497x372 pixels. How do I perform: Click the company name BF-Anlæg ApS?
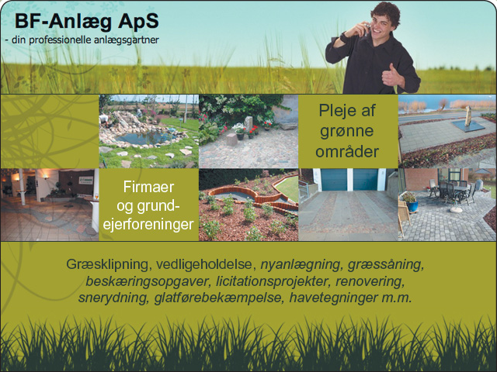[86, 22]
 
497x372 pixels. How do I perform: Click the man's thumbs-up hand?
[391, 75]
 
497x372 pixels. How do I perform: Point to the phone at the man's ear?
[367, 28]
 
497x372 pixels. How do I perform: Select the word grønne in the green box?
[347, 131]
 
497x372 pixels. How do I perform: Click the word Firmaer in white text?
[148, 187]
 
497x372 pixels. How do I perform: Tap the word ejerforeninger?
[148, 225]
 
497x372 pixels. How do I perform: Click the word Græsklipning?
[107, 264]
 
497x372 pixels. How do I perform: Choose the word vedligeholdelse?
[206, 263]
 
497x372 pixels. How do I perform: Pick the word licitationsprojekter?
[272, 281]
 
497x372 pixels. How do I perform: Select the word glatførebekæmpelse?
[218, 298]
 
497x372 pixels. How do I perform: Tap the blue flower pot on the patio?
[412, 206]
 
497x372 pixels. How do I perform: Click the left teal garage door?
[334, 179]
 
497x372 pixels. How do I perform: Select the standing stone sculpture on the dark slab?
[467, 116]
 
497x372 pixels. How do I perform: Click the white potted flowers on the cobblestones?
[238, 129]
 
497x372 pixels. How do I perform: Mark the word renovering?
[370, 281]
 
